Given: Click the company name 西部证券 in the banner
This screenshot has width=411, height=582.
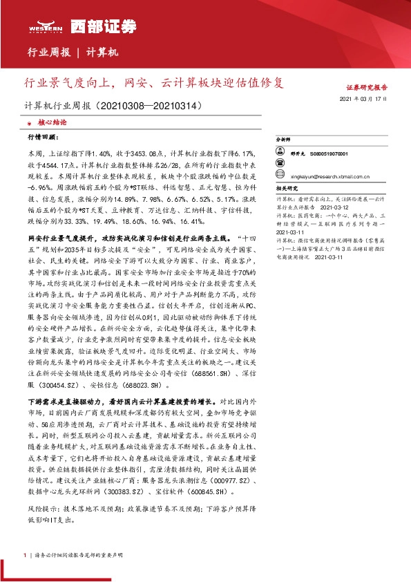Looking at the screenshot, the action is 93,26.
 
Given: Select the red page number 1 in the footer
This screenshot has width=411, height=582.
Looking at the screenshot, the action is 26,555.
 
